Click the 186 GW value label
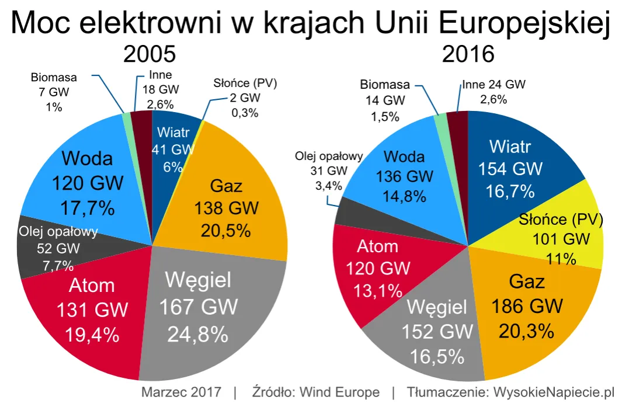527,307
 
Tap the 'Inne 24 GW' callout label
493,85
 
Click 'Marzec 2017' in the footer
181,392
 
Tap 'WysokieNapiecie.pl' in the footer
551,392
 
